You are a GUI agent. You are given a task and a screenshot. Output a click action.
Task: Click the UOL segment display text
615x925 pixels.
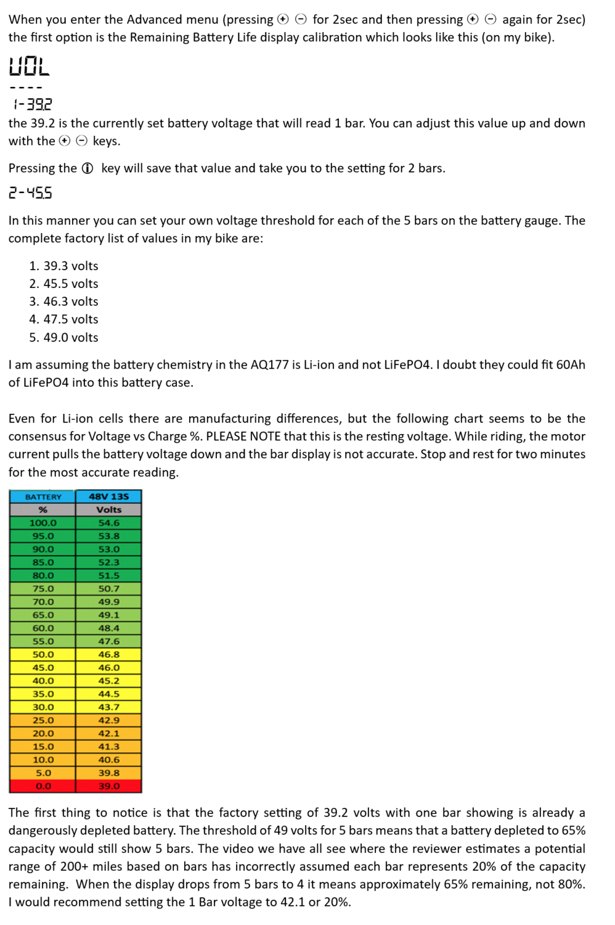click(29, 66)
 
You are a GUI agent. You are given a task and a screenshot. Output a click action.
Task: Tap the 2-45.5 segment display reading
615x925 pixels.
click(31, 193)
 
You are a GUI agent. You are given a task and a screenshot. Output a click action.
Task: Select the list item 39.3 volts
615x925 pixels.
click(70, 266)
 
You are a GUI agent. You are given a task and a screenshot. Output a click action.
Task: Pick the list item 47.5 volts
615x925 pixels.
click(70, 319)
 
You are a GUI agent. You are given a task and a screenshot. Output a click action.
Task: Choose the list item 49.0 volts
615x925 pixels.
click(70, 337)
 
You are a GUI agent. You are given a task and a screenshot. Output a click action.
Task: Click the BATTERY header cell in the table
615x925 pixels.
click(43, 496)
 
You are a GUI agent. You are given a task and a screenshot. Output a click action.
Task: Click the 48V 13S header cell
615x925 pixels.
click(108, 496)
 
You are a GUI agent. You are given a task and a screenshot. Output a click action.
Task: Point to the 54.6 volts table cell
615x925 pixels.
click(108, 523)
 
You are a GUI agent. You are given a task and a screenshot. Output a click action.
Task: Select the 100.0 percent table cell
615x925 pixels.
click(43, 523)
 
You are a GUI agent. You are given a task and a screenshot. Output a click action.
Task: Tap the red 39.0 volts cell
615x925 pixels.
click(108, 786)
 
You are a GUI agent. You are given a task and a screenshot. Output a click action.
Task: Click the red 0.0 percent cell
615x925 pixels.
click(43, 786)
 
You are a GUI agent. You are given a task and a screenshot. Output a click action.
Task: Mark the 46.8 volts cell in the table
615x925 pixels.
click(108, 654)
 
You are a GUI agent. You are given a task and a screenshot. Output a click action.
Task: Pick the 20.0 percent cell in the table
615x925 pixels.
click(43, 733)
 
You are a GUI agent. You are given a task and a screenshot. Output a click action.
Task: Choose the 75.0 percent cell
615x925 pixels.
click(43, 588)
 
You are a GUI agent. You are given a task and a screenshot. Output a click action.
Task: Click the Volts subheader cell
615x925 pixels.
click(108, 509)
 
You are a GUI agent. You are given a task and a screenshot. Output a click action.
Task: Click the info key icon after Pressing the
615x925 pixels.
click(88, 168)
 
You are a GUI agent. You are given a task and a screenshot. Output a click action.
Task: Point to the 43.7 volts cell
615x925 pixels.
click(108, 707)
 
